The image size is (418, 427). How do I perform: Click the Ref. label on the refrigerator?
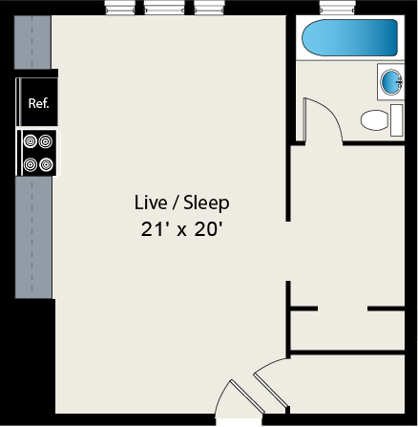point(38,103)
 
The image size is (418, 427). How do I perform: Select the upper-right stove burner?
point(46,142)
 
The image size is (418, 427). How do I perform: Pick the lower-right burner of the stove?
point(46,163)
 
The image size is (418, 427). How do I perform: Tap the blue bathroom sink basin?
point(391,82)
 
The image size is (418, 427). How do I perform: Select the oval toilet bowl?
point(374,120)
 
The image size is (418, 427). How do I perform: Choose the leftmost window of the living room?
point(119,9)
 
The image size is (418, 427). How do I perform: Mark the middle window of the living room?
point(164,9)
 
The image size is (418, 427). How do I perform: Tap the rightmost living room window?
point(209,9)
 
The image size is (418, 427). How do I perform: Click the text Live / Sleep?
point(181,203)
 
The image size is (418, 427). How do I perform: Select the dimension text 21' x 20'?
point(181,229)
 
